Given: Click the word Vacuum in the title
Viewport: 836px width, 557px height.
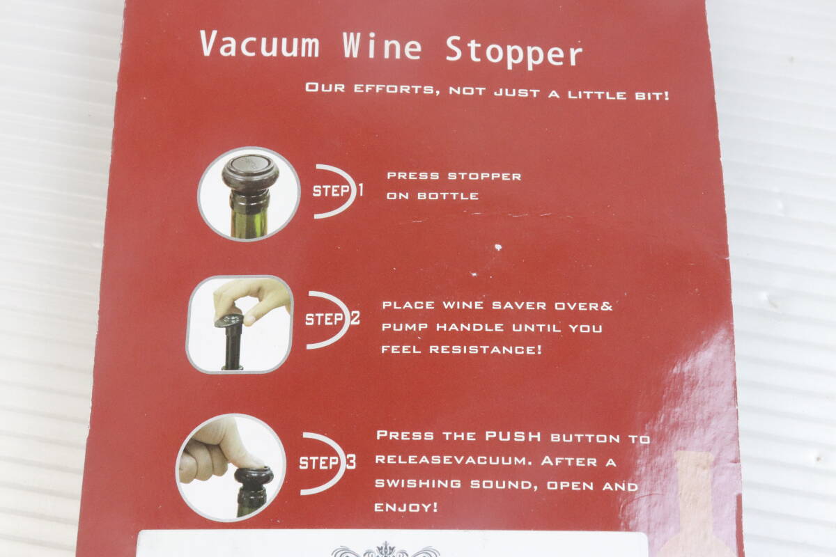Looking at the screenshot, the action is [260, 44].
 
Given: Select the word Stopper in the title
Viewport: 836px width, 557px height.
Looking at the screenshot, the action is [513, 52].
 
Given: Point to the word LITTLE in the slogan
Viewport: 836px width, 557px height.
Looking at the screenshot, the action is [597, 95].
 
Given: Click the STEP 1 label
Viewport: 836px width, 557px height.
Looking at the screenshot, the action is [338, 191].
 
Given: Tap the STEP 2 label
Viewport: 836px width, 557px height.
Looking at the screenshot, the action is [332, 319].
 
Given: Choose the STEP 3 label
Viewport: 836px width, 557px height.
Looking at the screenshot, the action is [327, 462].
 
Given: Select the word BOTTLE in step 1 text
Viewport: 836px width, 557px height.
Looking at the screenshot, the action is [448, 196].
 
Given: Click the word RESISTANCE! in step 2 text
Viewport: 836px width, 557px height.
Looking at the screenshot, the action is [485, 350].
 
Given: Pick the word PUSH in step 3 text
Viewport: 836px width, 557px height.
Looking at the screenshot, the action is [513, 436].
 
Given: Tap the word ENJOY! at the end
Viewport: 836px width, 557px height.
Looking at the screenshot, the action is [406, 508].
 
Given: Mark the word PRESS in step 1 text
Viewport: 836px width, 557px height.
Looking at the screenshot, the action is [413, 175].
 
